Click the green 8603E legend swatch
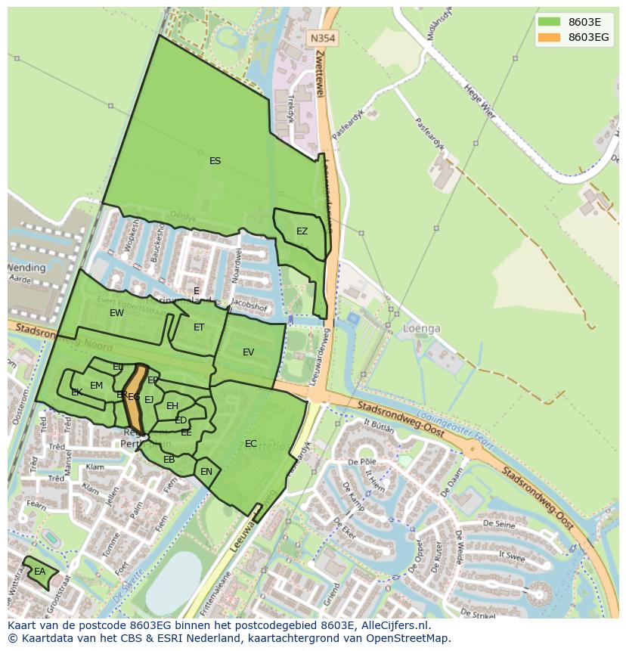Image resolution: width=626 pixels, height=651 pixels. coord(549,21)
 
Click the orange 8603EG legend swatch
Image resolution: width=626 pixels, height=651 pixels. coord(549,37)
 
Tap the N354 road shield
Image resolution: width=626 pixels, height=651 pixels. coord(323,37)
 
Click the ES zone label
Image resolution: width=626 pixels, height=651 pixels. coord(215,161)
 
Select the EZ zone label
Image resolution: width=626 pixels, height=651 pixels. coord(302,231)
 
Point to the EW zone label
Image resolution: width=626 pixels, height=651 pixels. coord(116,313)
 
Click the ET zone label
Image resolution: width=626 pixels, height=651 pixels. coord(199,327)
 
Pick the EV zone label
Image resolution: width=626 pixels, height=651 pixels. coord(249,352)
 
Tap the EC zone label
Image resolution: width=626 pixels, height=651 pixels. coord(251,444)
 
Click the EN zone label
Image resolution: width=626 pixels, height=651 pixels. coord(206,472)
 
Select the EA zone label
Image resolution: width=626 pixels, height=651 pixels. coord(39,572)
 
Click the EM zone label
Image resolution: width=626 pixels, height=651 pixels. coord(96,386)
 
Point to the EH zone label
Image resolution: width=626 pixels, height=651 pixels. coord(172,406)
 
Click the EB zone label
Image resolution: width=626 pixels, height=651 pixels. coord(169,460)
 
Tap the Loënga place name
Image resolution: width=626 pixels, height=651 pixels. coord(423,330)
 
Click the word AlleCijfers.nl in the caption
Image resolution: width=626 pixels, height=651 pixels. coord(392,625)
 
